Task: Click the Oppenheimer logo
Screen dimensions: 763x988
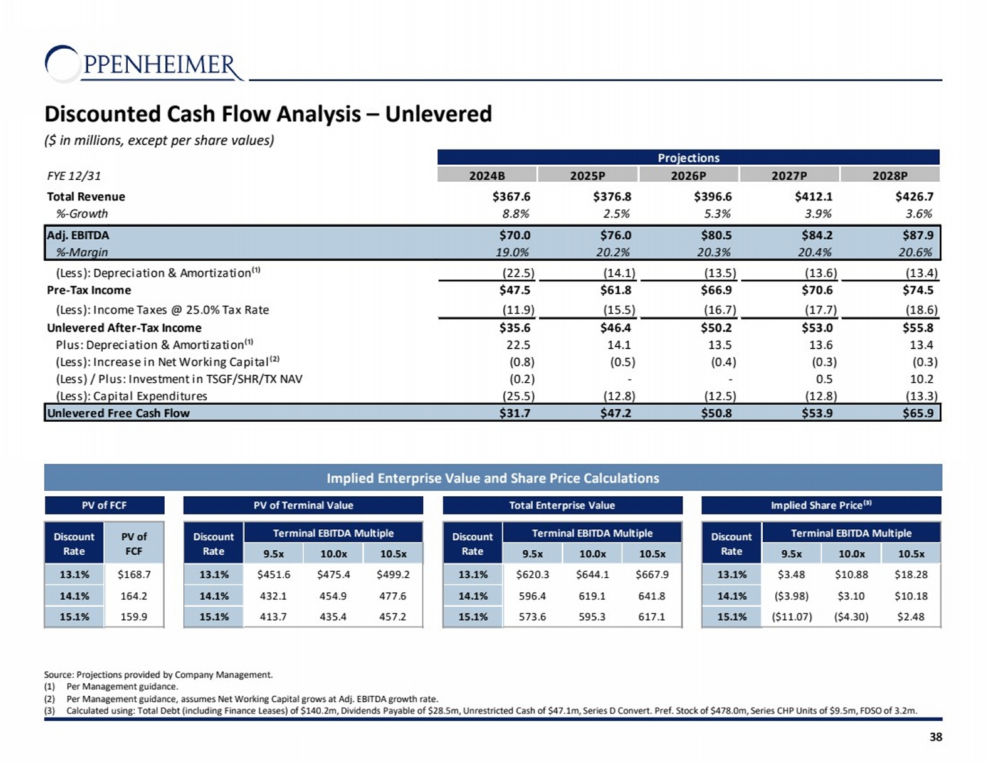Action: coord(144,64)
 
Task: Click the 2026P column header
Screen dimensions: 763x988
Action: coord(688,175)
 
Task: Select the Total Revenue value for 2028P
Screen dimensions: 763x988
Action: coord(914,196)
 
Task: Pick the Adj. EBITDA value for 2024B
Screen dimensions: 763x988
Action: coord(514,235)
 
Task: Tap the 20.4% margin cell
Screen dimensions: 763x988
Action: coord(814,252)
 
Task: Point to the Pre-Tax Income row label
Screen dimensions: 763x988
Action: coord(89,291)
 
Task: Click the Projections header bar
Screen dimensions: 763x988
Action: coord(688,157)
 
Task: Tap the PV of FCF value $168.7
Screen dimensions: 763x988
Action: coord(134,575)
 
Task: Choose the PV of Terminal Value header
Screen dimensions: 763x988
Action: coord(303,505)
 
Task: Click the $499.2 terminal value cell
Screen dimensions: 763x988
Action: coord(393,575)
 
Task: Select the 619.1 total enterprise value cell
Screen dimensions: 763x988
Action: coord(592,596)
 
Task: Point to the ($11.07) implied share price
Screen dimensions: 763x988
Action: coord(791,617)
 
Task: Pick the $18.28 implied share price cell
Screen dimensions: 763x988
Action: coord(910,575)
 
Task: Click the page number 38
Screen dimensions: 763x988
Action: coord(935,737)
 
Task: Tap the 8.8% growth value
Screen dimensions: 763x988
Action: coord(515,213)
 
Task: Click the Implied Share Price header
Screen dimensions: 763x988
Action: coord(821,505)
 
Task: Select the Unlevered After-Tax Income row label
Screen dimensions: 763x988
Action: coord(124,328)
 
